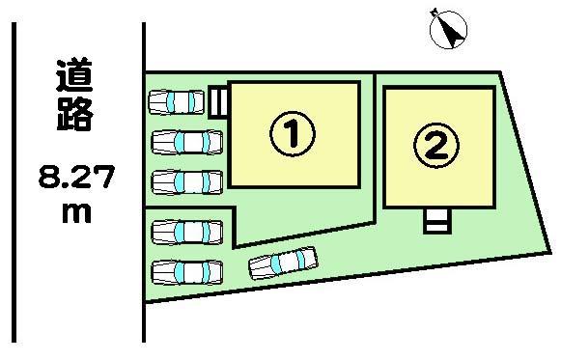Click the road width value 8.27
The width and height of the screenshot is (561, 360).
click(x=74, y=177)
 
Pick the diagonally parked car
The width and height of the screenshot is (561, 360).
click(x=283, y=262)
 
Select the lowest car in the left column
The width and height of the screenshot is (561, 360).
click(x=186, y=271)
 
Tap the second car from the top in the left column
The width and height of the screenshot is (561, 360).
click(x=186, y=142)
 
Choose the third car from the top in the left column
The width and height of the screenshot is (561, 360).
click(x=186, y=180)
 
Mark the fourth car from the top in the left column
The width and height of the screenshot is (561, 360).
click(x=186, y=232)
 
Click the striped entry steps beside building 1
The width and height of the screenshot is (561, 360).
click(x=218, y=99)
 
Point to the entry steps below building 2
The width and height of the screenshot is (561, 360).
click(x=436, y=221)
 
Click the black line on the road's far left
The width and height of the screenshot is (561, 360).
click(x=14, y=183)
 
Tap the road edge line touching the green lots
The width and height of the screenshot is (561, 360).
click(x=144, y=183)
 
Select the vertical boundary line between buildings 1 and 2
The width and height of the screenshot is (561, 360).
click(x=375, y=145)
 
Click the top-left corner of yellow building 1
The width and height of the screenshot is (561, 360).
click(x=229, y=83)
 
